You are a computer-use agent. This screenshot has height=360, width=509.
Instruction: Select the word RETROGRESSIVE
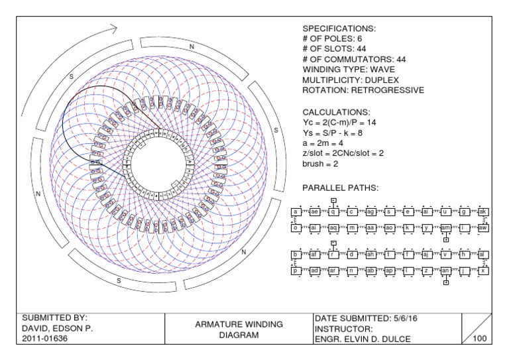pyautogui.click(x=387, y=90)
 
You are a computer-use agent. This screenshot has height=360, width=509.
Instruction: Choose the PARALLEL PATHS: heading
pyautogui.click(x=340, y=188)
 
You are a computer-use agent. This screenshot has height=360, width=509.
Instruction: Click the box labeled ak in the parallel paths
pyautogui.click(x=483, y=211)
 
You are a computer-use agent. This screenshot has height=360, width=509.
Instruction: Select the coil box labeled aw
pyautogui.click(x=483, y=227)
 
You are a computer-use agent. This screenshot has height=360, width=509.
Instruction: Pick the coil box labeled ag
pyautogui.click(x=370, y=211)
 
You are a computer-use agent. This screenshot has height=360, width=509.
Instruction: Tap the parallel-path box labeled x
pyautogui.click(x=483, y=270)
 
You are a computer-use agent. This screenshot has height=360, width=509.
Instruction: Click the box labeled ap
pyautogui.click(x=389, y=270)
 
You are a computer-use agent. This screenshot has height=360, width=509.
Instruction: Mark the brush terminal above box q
pyautogui.click(x=333, y=200)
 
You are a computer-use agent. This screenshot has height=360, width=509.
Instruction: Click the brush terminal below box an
pyautogui.click(x=446, y=282)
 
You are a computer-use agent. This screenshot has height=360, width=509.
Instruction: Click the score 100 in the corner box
pyautogui.click(x=481, y=339)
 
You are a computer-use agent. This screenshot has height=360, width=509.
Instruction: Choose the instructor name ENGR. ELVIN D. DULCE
pyautogui.click(x=363, y=339)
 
